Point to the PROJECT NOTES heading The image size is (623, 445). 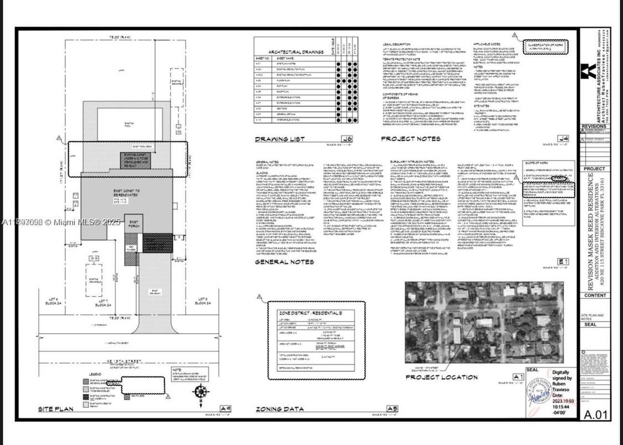coord(410,139)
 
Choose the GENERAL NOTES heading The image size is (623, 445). coord(284,262)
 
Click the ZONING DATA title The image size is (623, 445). coord(280,410)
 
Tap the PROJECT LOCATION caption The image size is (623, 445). coord(442,377)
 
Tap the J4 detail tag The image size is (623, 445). coord(564,138)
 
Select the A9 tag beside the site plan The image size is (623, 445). coord(226,409)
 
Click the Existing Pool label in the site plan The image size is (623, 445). coord(131,117)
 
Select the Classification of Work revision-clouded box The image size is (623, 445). coord(548,46)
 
